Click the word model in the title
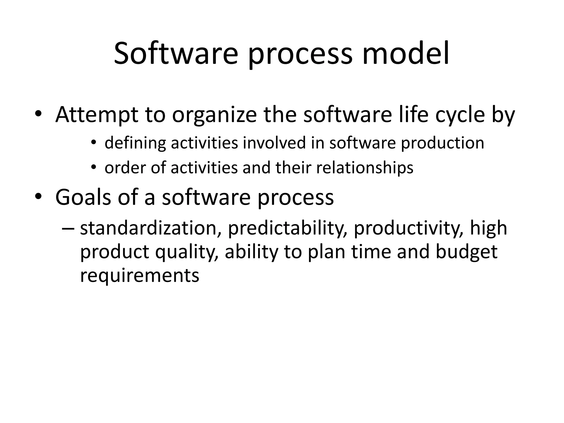coord(406,54)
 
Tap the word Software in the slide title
coord(176,54)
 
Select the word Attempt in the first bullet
coord(96,115)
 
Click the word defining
coord(135,143)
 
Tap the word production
coord(442,143)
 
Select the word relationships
coord(365,168)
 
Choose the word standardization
coord(148,228)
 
